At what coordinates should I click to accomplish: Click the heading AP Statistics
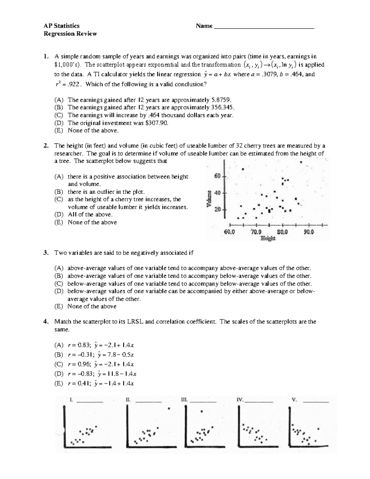coord(61,26)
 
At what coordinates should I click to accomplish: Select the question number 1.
coord(46,56)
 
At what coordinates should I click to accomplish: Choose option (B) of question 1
coord(59,108)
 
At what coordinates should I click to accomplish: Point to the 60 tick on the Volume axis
coord(217,176)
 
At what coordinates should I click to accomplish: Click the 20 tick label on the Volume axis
coord(217,209)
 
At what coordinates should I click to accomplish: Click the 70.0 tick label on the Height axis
coord(256,232)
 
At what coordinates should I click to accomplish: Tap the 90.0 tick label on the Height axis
coord(309,232)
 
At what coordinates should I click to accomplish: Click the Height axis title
coord(268,238)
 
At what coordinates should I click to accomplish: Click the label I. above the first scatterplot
coord(71,400)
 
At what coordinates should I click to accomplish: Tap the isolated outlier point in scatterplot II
coord(169,409)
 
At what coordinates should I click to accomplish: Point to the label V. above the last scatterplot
coord(294,400)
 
